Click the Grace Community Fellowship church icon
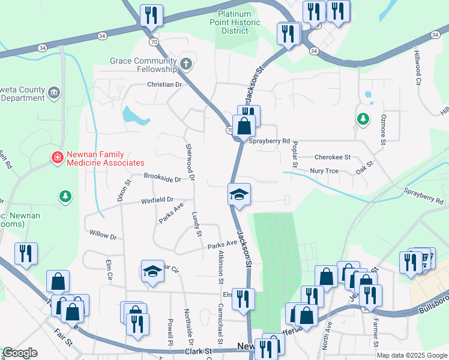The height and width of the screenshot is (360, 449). pos(186,63)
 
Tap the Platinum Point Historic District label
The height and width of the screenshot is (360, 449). pos(239,22)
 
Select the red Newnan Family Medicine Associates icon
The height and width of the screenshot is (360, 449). pos(58,158)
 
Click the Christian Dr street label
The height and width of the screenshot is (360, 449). pos(164,85)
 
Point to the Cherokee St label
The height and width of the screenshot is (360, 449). pos(332,157)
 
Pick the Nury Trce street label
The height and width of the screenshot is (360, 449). pos(324,171)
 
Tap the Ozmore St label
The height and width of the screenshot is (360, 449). pos(382,130)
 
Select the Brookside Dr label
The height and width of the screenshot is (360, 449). pos(163,178)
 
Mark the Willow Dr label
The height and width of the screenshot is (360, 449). pos(102,234)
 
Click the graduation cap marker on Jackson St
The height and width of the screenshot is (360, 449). pos(239,194)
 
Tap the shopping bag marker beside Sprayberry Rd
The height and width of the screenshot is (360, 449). pos(244,127)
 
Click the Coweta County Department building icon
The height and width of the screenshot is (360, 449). pos(54,92)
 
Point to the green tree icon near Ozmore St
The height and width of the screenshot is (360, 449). pos(363,119)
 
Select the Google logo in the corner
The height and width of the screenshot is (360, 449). pos(19,353)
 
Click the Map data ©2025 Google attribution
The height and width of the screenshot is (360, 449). pos(411,355)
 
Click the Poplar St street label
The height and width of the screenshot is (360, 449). pos(295,155)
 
